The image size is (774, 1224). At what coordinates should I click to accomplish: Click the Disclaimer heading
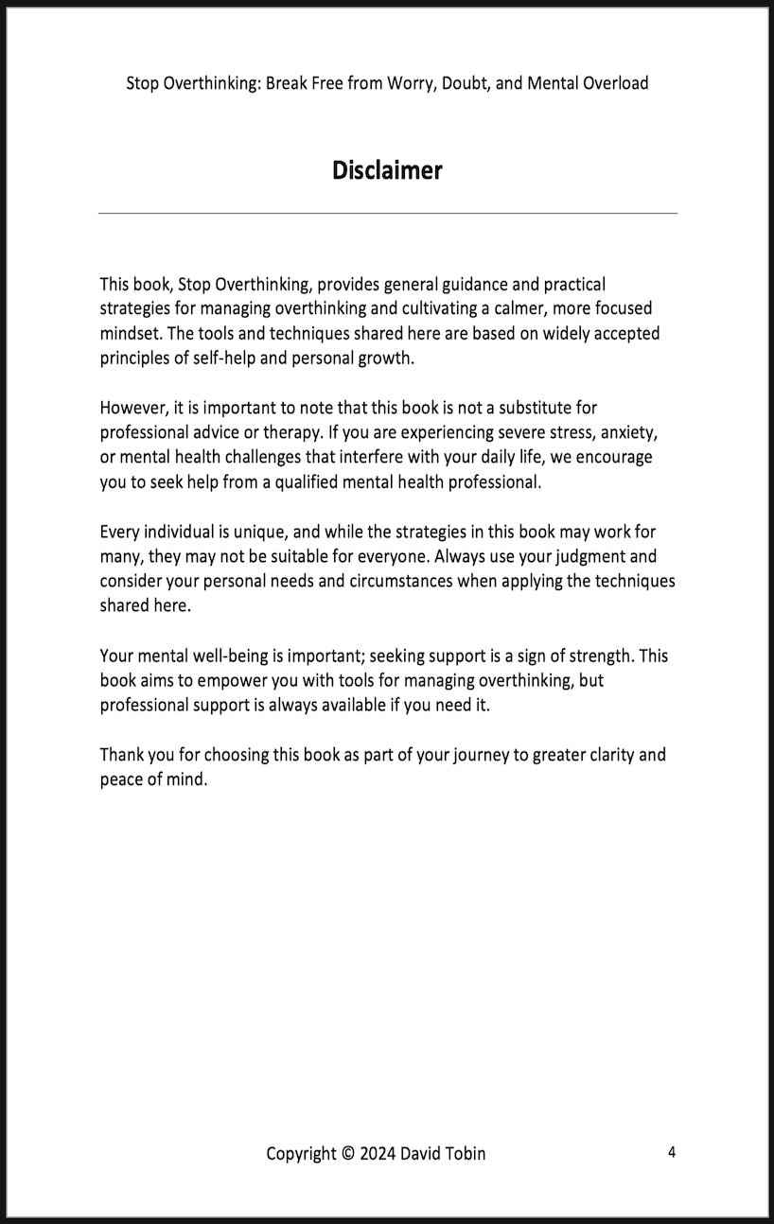coord(387,170)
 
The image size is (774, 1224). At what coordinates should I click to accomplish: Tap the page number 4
coord(672,1151)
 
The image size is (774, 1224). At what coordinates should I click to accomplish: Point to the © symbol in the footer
coord(347,1153)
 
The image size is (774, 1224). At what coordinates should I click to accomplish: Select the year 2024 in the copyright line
coord(378,1153)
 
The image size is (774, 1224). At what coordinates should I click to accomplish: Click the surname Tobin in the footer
coord(465,1153)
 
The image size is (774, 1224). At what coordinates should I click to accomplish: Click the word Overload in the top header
coord(612,83)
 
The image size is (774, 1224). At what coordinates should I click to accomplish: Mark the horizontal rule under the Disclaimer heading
coord(387,214)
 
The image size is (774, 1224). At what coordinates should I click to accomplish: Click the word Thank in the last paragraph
coord(121,755)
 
